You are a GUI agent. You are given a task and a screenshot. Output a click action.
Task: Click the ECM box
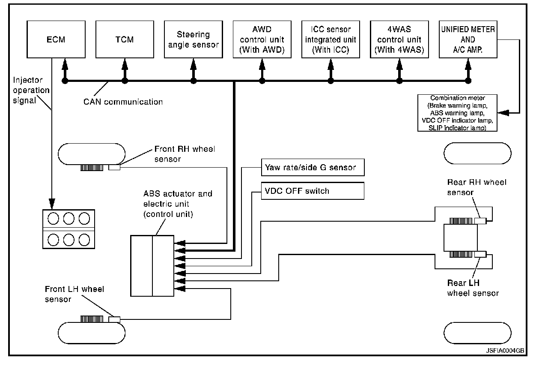[x=56, y=39]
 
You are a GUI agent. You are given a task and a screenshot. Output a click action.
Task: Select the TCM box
[x=125, y=39]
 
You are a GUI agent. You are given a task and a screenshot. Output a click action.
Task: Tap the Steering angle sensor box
[x=193, y=39]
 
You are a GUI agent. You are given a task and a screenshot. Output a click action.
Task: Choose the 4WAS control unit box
[x=399, y=39]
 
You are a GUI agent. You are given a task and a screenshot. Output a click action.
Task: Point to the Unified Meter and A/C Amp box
[x=468, y=39]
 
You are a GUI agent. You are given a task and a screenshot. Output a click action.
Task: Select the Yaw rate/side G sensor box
[x=313, y=167]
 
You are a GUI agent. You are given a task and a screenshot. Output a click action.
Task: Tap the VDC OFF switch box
[x=313, y=191]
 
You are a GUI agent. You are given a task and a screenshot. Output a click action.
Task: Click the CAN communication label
[x=123, y=102]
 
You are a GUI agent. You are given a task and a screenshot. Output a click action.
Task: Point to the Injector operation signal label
[x=31, y=90]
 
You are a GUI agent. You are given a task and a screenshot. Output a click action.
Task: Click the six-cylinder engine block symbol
[x=68, y=229]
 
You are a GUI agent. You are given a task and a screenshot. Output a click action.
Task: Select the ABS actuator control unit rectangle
[x=152, y=265]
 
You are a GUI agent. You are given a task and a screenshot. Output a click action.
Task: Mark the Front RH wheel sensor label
[x=184, y=154]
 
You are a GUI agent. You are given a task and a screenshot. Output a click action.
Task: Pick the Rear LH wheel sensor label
[x=473, y=288]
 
